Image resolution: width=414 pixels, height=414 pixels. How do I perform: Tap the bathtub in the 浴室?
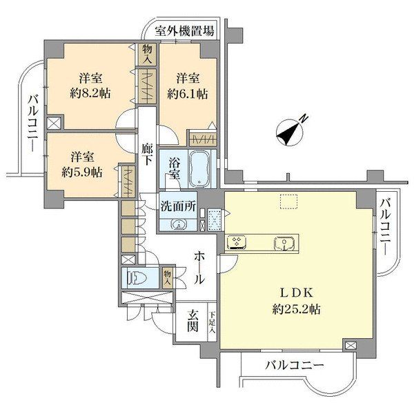201,168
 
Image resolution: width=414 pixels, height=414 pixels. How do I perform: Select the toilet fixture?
137,279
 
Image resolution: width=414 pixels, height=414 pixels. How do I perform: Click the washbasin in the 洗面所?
177,224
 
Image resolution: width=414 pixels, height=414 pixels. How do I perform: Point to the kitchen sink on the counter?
282,243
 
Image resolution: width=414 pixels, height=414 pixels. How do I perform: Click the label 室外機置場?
184,31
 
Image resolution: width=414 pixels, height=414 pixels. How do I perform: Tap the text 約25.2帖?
297,310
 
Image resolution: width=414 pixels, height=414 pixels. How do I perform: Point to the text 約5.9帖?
81,172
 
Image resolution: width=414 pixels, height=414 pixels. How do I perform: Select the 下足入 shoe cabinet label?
213,322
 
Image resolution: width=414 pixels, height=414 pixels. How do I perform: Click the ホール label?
199,268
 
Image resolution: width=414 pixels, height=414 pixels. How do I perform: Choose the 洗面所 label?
179,205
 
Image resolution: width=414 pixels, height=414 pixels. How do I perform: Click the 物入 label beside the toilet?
167,277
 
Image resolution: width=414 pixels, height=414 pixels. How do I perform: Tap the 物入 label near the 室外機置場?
147,52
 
